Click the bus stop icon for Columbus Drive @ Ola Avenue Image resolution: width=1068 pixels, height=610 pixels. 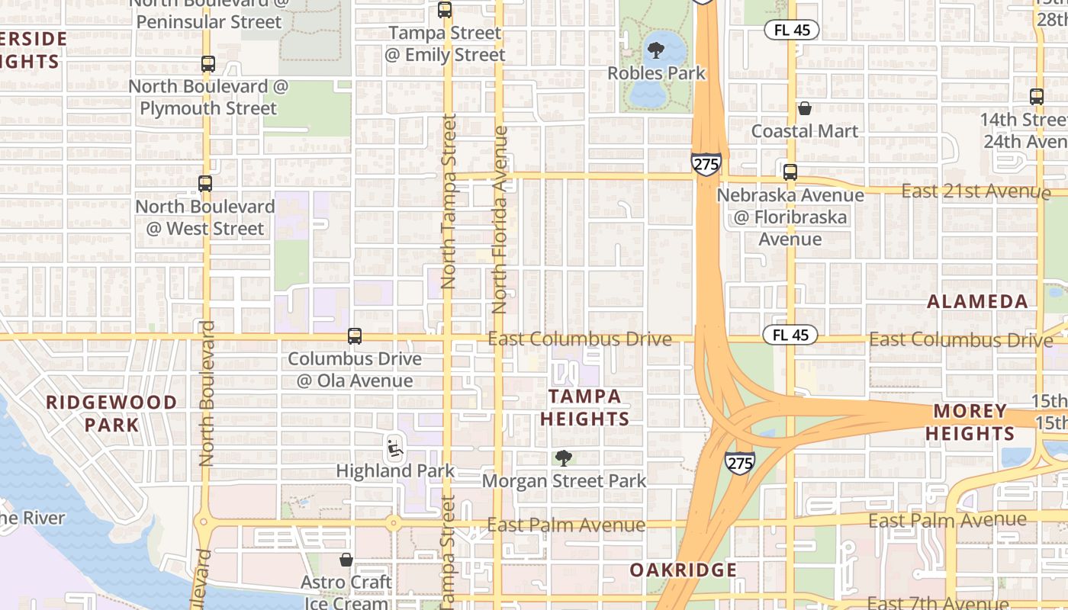[355, 336]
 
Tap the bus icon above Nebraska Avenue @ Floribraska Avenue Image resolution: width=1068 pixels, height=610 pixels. [790, 172]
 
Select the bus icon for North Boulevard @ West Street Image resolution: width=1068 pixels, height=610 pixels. [205, 184]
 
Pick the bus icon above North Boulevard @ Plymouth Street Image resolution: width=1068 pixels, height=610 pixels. [207, 64]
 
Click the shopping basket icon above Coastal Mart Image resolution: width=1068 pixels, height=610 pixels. [805, 108]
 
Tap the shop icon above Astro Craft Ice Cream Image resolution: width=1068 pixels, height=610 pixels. [346, 560]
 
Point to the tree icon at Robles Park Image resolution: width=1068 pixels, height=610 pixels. [655, 51]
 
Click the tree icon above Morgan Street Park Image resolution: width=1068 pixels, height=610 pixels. [564, 458]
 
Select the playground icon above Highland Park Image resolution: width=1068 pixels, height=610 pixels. [394, 448]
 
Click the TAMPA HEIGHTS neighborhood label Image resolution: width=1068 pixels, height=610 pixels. [585, 407]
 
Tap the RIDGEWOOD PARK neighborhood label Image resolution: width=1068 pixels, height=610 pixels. [111, 413]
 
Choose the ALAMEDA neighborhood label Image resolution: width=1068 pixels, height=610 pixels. [977, 301]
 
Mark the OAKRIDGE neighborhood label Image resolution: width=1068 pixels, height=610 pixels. [684, 570]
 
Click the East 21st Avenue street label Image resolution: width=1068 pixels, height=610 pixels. [976, 191]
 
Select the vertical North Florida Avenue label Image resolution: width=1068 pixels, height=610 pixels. [500, 220]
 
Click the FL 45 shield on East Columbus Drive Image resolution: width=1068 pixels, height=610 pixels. [790, 335]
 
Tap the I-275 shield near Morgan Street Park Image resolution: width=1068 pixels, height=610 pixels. [740, 461]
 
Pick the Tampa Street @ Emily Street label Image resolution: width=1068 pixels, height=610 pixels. [446, 44]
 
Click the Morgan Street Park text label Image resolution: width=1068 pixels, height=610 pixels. [564, 481]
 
